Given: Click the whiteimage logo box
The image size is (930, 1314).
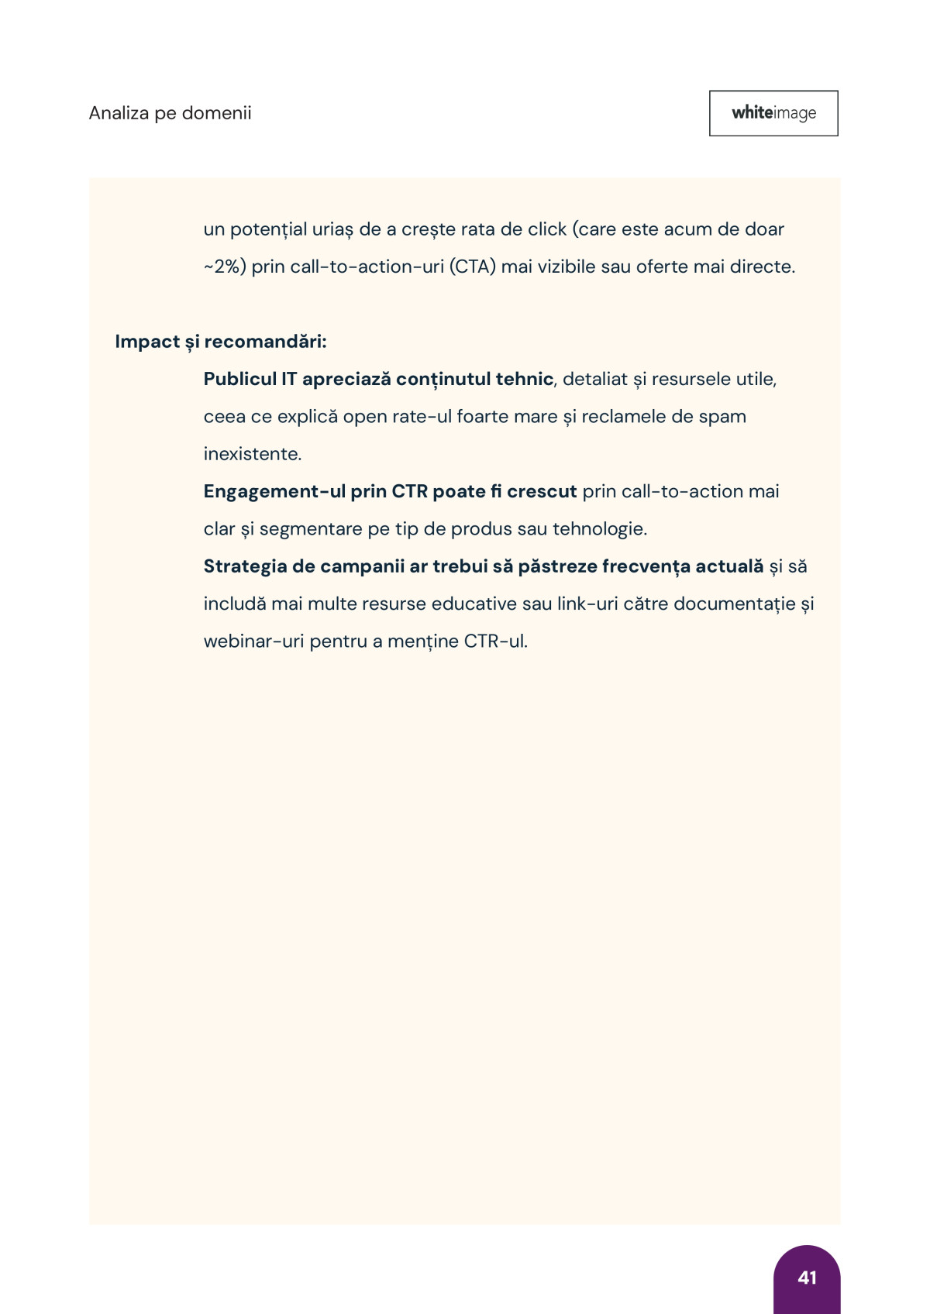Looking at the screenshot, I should click(773, 113).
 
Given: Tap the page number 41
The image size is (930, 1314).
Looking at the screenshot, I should click(807, 1278).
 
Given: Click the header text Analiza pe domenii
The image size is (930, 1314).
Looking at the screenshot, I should click(170, 113).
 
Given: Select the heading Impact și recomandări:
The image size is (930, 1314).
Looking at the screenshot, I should click(221, 342).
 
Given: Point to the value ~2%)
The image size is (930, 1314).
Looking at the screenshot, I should click(225, 267).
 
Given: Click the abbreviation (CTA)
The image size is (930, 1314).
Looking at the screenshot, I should click(472, 267).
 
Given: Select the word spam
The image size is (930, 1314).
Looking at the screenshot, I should click(722, 417).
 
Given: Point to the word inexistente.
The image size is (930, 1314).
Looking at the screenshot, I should click(252, 454).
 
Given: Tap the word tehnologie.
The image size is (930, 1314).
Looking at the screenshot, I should click(599, 529).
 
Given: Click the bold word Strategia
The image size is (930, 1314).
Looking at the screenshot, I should click(245, 566).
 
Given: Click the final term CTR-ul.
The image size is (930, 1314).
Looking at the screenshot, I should click(495, 642).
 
